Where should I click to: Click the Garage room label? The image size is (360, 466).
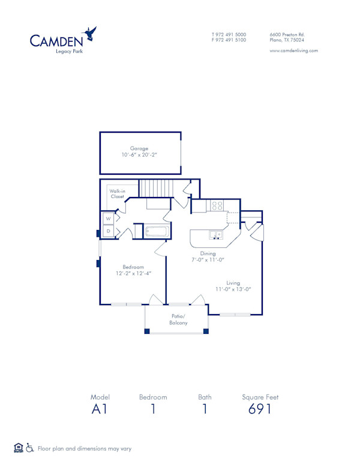139,148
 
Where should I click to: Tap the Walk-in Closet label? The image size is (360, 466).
117,193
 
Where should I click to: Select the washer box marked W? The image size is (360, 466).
109,219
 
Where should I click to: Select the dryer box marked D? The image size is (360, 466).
109,231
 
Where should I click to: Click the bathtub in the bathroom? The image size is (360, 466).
155,231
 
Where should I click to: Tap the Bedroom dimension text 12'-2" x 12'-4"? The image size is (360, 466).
133,273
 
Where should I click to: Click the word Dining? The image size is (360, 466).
208,253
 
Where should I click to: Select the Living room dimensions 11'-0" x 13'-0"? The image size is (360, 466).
233,289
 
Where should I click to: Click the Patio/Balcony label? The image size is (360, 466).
178,319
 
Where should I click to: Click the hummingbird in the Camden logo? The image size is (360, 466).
91,33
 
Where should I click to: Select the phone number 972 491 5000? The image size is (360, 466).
231,34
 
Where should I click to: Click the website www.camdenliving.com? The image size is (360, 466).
293,50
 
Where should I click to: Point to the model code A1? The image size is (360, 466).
100,409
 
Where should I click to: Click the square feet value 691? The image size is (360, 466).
260,409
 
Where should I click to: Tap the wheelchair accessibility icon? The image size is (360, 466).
30,448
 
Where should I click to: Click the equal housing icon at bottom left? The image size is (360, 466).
18,448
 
